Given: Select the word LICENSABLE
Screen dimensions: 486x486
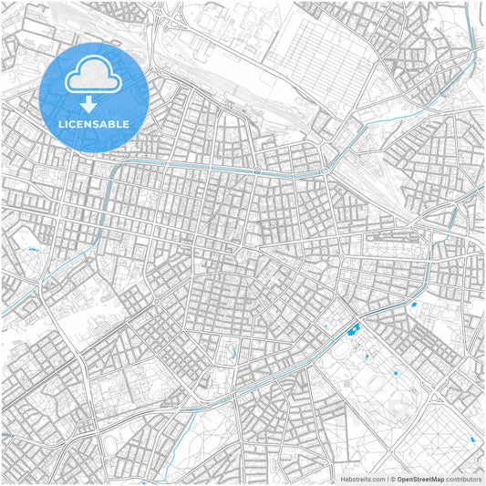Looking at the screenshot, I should click(94, 123).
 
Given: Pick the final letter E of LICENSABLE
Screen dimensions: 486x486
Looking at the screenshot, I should click(126, 123).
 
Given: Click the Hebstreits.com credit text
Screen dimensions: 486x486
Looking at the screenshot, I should click(363, 478).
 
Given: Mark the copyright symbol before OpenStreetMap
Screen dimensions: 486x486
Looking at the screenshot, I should click(392, 478).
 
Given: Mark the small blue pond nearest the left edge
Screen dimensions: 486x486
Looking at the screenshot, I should click(34, 249).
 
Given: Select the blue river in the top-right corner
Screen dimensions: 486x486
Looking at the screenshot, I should click(473, 36).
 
